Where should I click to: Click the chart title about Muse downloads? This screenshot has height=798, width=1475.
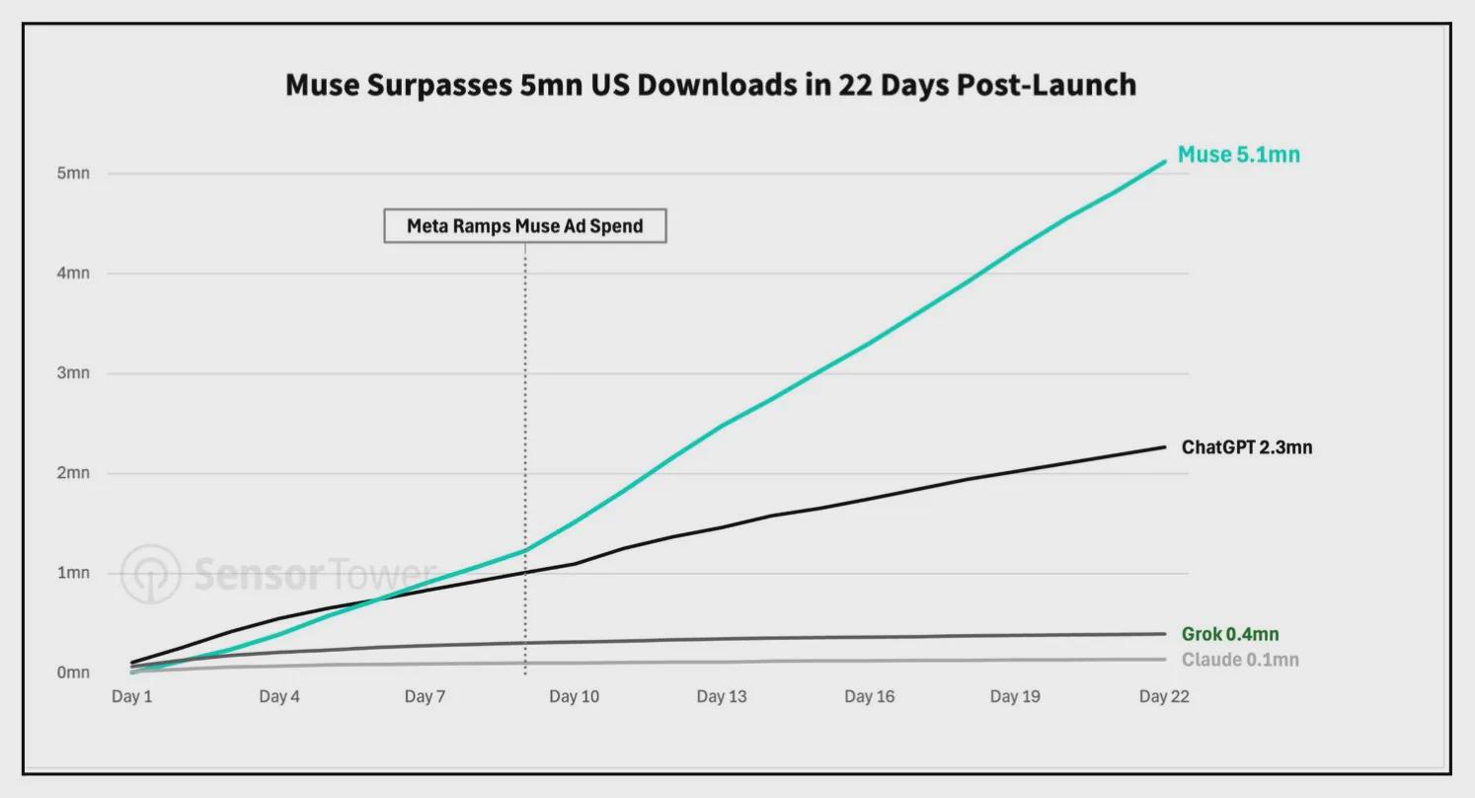(711, 85)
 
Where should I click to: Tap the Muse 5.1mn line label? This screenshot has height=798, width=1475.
(1239, 155)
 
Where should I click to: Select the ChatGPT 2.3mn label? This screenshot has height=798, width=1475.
(1247, 447)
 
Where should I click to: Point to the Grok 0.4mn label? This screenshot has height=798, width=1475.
(1230, 634)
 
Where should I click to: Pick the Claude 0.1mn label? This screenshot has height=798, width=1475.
(1240, 660)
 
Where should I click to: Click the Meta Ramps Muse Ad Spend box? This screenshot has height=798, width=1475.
(525, 226)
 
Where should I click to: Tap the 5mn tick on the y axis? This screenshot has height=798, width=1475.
(73, 173)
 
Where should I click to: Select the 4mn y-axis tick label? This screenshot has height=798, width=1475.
(73, 273)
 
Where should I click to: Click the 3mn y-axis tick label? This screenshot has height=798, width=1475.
(73, 373)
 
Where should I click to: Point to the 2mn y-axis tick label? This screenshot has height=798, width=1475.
(73, 472)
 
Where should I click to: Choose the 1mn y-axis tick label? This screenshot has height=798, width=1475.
(73, 573)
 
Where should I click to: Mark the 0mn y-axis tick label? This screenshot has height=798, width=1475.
(73, 673)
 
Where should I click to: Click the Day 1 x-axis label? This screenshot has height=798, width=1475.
(131, 696)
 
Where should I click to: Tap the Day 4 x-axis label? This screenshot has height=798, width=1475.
(279, 696)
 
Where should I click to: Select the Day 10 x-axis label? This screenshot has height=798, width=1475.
(575, 696)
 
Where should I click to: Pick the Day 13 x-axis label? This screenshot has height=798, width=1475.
(722, 696)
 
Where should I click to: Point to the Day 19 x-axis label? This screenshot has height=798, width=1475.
(1015, 696)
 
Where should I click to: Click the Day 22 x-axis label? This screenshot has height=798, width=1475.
(1164, 696)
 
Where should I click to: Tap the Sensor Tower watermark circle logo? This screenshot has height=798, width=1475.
(151, 574)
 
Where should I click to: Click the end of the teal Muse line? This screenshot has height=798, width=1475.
(1164, 161)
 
